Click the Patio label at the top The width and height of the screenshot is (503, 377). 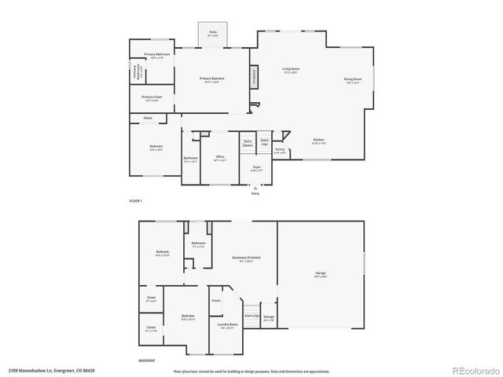pyautogui.click(x=213, y=35)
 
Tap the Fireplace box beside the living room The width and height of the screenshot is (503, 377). pyautogui.click(x=254, y=77)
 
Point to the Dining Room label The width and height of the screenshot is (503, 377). pyautogui.click(x=352, y=80)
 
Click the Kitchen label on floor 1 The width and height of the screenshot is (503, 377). pyautogui.click(x=318, y=141)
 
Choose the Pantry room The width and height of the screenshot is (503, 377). pyautogui.click(x=279, y=149)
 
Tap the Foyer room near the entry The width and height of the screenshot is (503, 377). pyautogui.click(x=256, y=168)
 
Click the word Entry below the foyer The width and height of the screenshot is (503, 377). pyautogui.click(x=255, y=192)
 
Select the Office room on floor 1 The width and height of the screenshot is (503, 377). pyautogui.click(x=220, y=159)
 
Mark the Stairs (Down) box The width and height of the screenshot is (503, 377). pyautogui.click(x=247, y=144)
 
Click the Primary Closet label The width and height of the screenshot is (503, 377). pyautogui.click(x=152, y=98)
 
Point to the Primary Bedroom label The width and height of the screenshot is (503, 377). pyautogui.click(x=211, y=80)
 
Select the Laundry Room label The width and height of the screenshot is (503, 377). pyautogui.click(x=226, y=325)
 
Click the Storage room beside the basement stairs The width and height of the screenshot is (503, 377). pyautogui.click(x=269, y=319)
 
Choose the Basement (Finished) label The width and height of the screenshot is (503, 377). pyautogui.click(x=243, y=260)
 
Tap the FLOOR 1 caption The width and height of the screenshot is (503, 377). pyautogui.click(x=137, y=201)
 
